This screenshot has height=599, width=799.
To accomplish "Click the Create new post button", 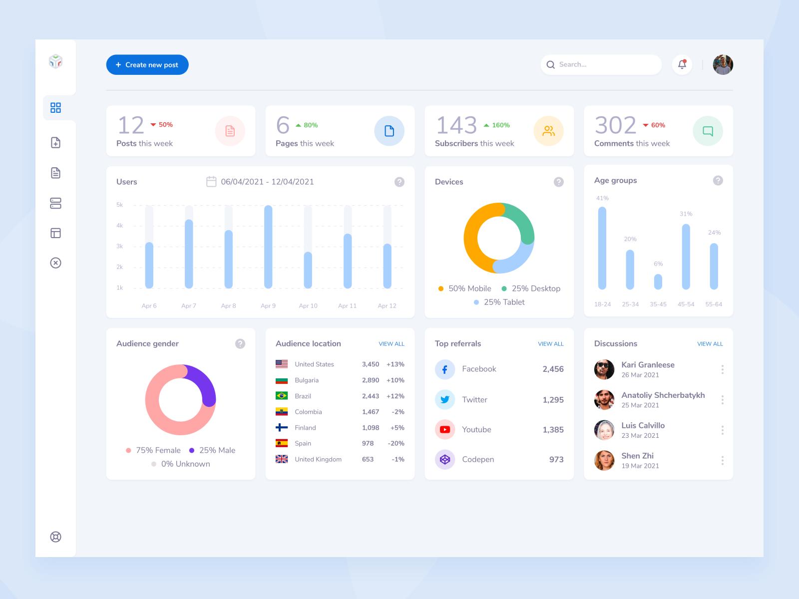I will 147,65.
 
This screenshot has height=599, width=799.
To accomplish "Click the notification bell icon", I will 682,64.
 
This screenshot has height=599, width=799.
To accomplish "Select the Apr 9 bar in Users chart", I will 268,247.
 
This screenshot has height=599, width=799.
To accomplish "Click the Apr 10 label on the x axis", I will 308,306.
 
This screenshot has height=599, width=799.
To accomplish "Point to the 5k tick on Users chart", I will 120,205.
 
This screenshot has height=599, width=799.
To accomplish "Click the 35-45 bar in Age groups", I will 658,282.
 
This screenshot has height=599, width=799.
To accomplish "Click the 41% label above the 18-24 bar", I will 602,198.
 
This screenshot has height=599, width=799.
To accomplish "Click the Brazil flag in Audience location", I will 282,396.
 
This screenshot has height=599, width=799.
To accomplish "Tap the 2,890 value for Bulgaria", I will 371,380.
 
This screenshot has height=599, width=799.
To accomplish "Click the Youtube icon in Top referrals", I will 445,430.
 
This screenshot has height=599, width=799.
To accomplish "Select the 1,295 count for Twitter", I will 553,400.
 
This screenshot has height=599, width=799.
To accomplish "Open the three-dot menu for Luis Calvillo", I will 722,430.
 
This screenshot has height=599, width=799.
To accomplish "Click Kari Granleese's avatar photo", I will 604,369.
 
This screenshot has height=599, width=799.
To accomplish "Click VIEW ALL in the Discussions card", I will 710,344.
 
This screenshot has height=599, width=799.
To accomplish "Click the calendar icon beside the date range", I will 211,182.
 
